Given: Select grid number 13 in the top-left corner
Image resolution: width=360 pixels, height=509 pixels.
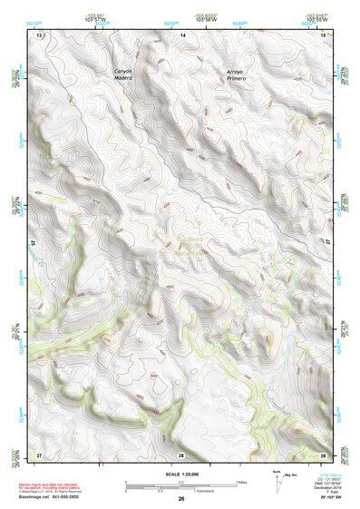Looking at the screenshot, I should pos(39,34).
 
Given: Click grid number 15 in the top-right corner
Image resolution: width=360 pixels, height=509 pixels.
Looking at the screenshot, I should pos(324,34).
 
